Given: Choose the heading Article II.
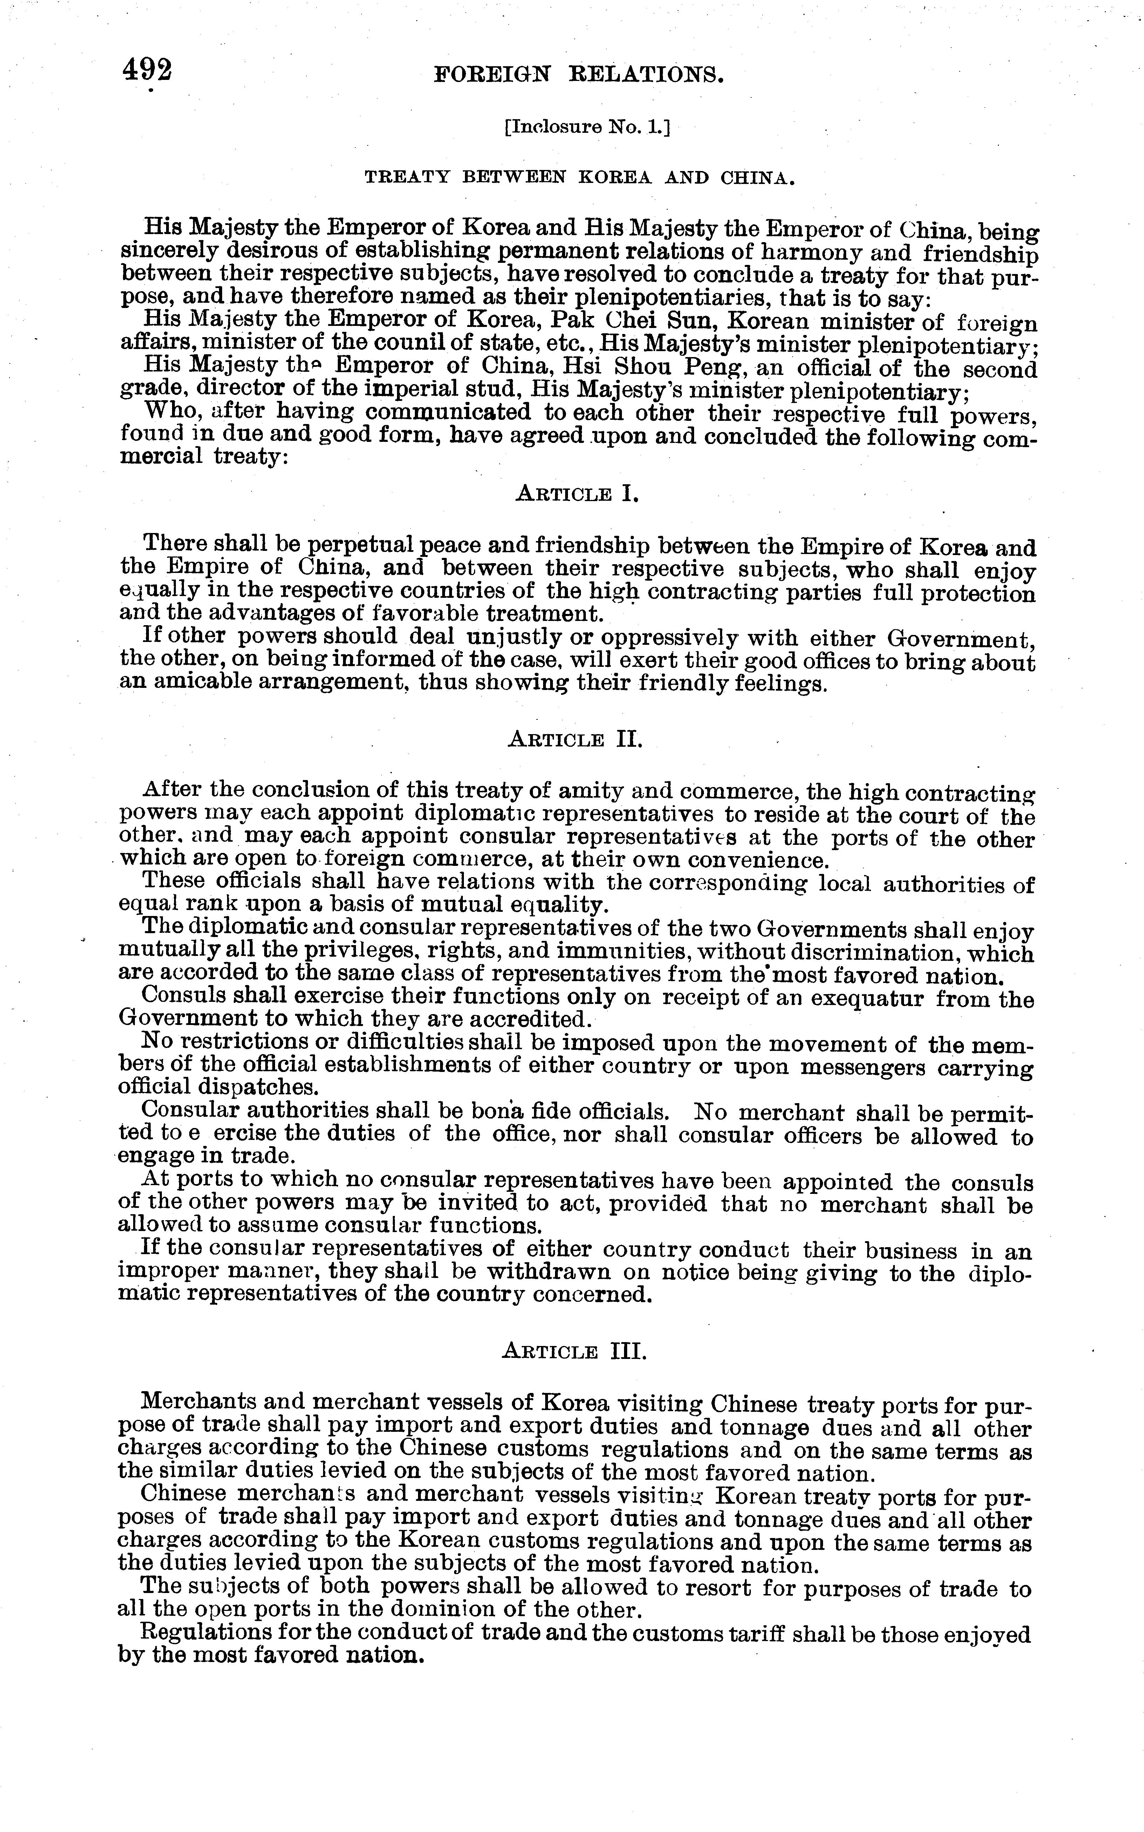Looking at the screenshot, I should [x=575, y=739].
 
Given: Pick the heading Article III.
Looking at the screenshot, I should [x=574, y=1352].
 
